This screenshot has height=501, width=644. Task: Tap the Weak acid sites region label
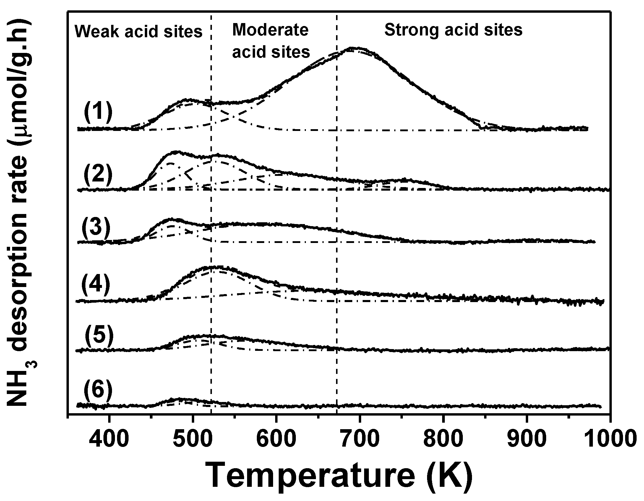click(x=138, y=31)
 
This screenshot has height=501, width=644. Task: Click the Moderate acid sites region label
click(x=271, y=41)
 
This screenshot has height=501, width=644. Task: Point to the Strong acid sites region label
click(x=453, y=30)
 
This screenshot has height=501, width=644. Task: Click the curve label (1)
click(x=98, y=113)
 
